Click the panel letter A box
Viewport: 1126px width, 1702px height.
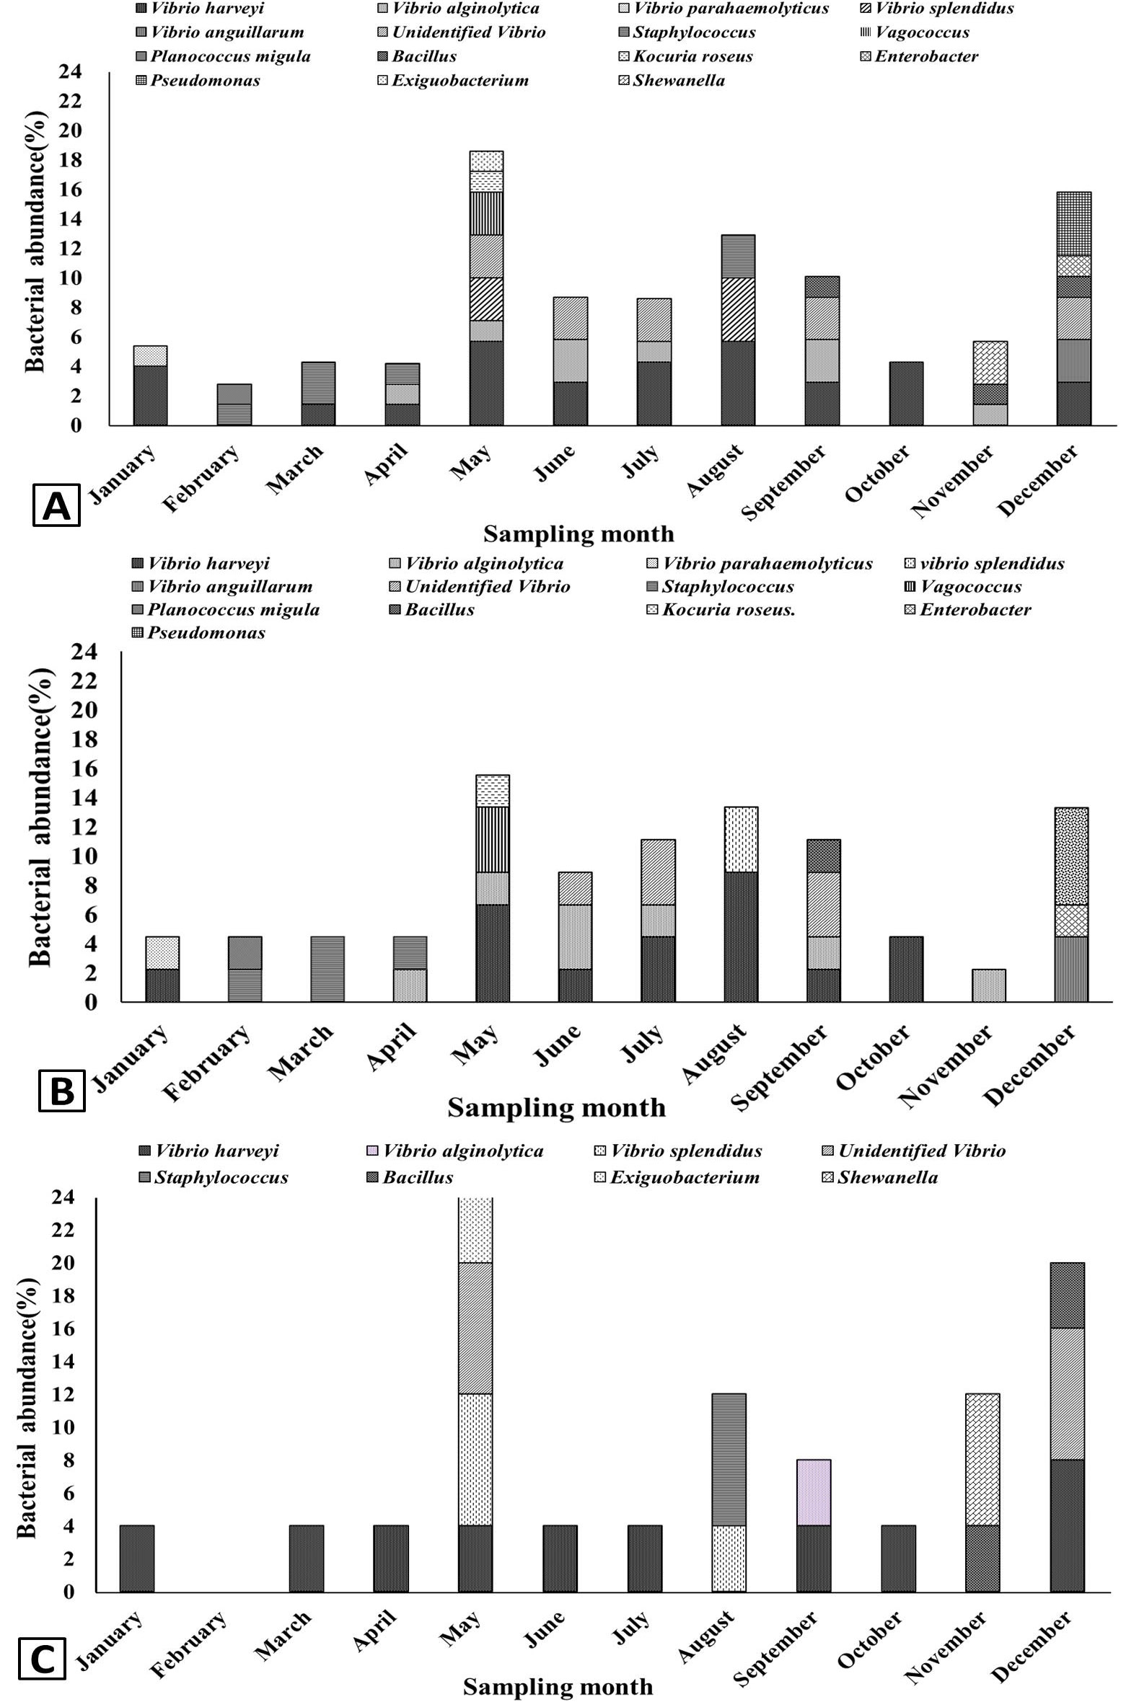[56, 506]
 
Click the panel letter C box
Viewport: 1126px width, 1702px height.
[42, 1659]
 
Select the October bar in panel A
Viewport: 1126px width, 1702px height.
[905, 394]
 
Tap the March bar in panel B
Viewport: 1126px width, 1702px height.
[327, 969]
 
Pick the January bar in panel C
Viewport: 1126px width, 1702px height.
[137, 1559]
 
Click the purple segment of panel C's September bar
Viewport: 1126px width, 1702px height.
[813, 1492]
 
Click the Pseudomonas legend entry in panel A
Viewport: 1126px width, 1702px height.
[198, 80]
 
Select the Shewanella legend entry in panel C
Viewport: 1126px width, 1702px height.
[880, 1177]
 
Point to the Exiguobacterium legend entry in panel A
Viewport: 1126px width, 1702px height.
[453, 80]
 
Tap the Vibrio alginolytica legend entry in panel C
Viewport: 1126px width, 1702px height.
[455, 1151]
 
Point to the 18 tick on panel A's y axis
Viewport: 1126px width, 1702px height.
[71, 160]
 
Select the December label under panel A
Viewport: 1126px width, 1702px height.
[1038, 480]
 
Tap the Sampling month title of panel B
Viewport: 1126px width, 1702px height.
[556, 1107]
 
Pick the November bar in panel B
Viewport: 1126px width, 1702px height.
[989, 985]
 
